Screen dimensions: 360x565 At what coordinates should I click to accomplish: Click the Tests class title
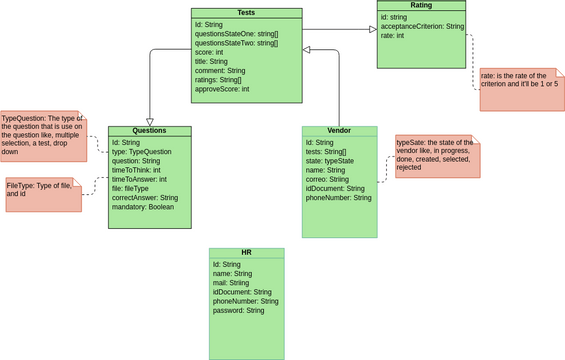tap(246, 13)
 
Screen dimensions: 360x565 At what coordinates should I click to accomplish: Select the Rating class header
tap(421, 6)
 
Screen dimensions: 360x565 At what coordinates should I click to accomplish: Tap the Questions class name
tap(150, 131)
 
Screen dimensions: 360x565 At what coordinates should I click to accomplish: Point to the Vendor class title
tap(339, 131)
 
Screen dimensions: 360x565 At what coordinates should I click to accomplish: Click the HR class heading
tap(246, 253)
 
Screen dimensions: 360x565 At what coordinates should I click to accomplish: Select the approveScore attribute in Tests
tap(222, 89)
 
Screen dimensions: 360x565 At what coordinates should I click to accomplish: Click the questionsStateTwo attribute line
tap(236, 43)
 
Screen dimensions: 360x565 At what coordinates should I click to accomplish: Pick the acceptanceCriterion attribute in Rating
tap(422, 26)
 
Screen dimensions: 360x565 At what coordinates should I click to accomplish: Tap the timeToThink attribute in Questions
tap(136, 170)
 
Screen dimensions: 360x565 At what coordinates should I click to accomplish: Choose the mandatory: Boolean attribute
tap(143, 207)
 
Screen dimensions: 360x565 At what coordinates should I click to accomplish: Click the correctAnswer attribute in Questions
tap(145, 198)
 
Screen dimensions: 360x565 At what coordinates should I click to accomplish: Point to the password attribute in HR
tap(238, 310)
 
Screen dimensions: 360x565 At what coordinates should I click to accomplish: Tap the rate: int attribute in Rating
tap(393, 35)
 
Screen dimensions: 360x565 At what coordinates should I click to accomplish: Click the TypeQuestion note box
tap(43, 135)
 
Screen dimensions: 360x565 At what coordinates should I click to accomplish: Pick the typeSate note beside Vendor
tap(437, 155)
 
